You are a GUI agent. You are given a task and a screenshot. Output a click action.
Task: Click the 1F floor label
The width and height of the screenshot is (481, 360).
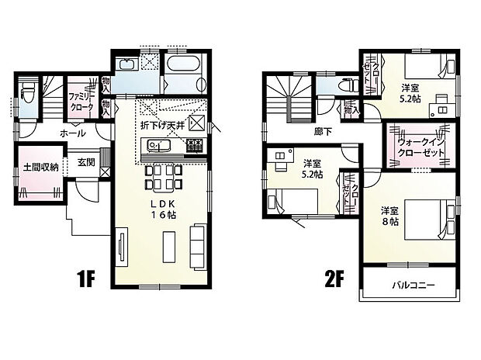(87, 279)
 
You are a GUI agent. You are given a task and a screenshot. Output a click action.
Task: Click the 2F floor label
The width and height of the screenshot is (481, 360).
(335, 279)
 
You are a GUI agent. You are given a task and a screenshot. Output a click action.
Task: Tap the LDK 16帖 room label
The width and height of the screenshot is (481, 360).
(163, 209)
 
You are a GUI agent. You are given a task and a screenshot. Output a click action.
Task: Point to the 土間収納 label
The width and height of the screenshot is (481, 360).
(41, 167)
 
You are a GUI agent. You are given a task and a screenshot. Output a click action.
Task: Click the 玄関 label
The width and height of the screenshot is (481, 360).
(86, 162)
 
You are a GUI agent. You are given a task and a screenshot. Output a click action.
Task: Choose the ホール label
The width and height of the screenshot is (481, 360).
(73, 133)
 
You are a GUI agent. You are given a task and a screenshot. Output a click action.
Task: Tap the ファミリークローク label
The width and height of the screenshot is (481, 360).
(81, 102)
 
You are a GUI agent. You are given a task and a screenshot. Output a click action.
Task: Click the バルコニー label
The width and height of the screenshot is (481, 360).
(414, 286)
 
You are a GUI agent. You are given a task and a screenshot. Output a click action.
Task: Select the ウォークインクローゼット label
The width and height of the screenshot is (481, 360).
(420, 147)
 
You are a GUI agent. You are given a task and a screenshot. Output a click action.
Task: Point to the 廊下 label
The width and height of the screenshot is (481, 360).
(323, 132)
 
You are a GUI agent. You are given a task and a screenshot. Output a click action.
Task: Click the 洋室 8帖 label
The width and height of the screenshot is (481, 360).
(390, 216)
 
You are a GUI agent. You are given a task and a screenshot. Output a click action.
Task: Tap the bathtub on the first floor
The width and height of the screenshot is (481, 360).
(183, 64)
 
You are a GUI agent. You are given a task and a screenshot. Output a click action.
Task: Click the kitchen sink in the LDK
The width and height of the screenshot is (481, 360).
(158, 145)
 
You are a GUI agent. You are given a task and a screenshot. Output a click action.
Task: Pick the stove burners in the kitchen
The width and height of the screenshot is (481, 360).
(195, 146)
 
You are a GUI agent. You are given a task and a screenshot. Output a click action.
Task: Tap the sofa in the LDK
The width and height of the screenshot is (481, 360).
(197, 246)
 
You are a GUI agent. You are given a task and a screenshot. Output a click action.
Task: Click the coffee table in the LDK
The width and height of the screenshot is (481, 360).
(169, 247)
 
